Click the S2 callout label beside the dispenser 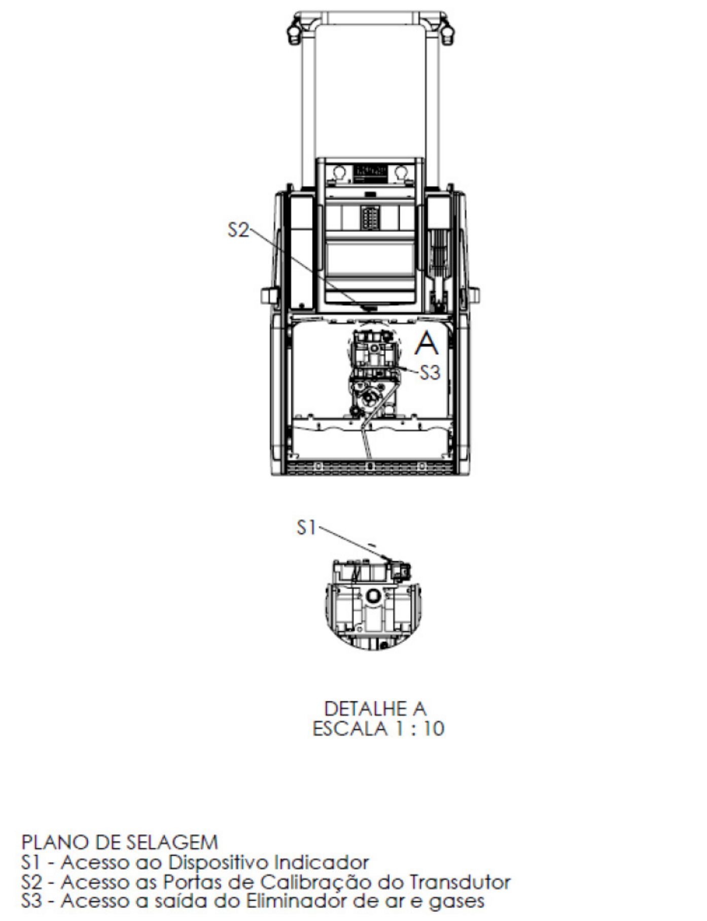(239, 230)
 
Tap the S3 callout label (430, 373)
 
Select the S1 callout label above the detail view (306, 528)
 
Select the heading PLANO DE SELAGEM (120, 842)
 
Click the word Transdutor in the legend (459, 882)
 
